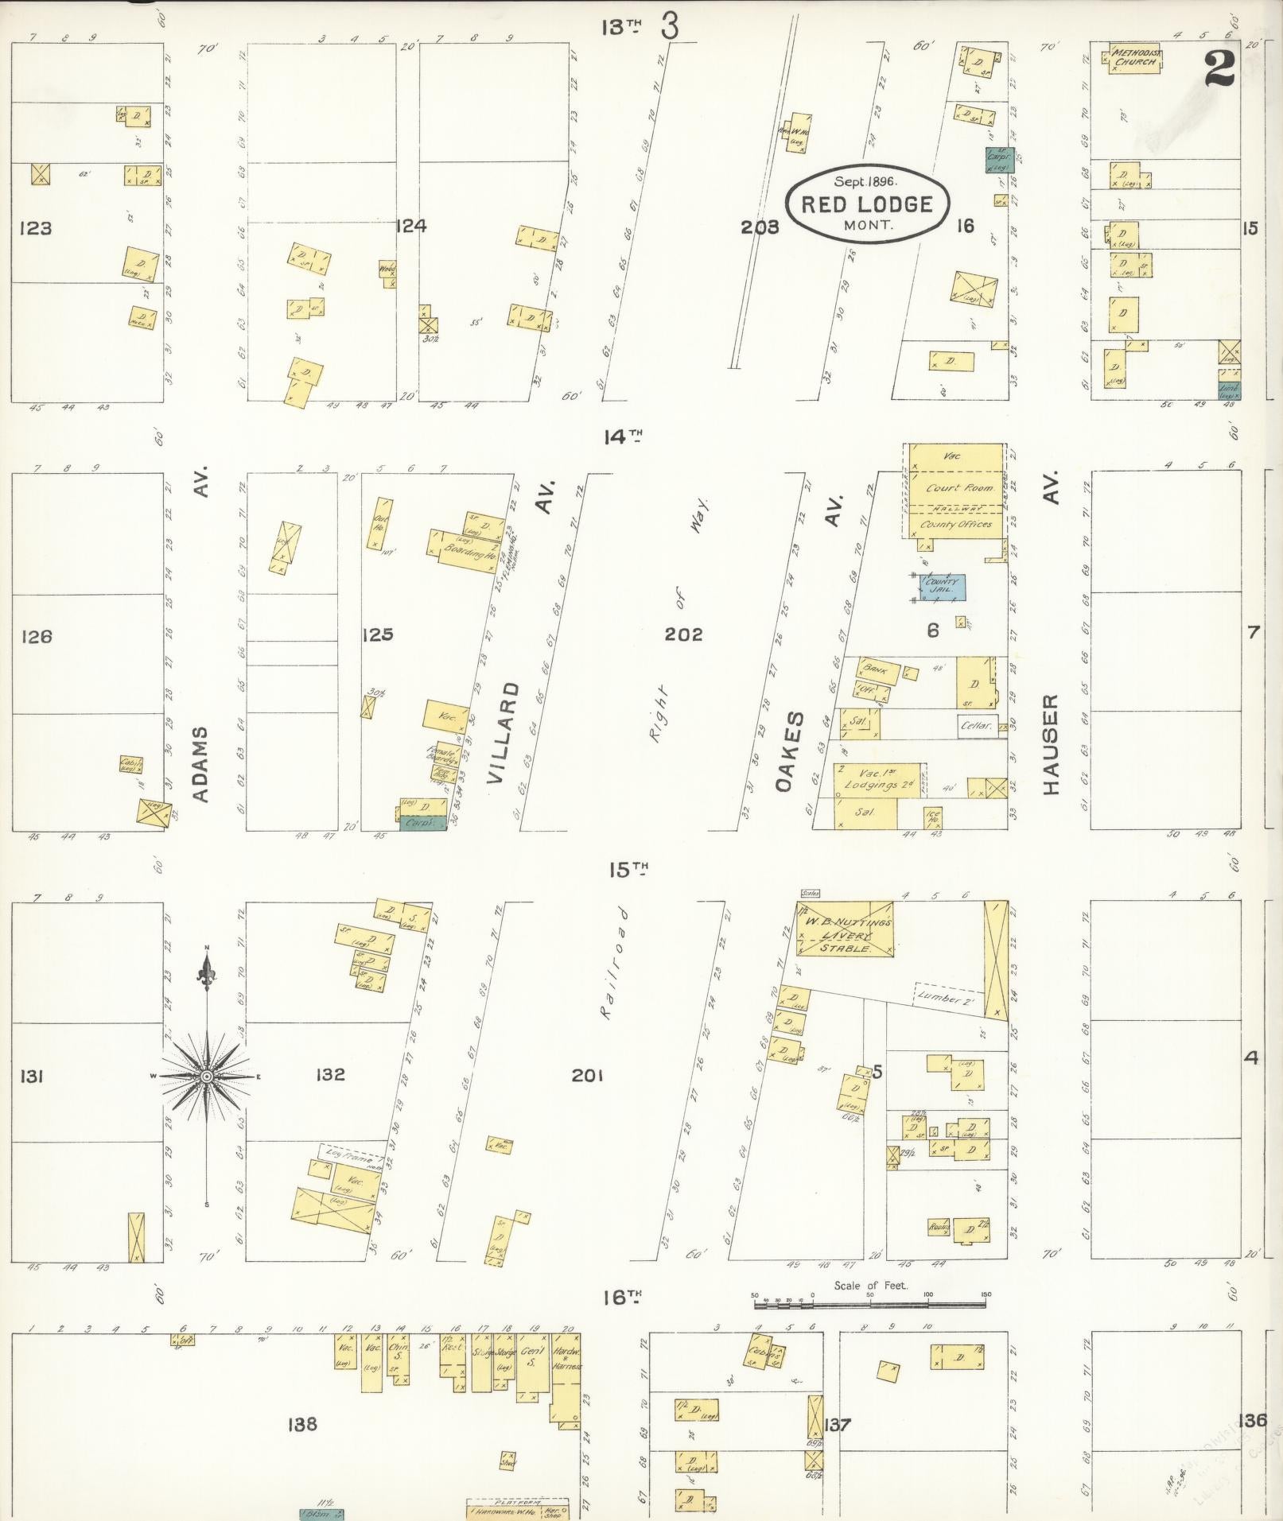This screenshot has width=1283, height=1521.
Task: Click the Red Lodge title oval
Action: [867, 204]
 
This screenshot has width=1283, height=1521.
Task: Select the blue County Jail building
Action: [943, 588]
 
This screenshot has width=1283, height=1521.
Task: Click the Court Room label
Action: [958, 488]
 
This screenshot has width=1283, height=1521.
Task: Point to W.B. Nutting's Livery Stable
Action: [845, 929]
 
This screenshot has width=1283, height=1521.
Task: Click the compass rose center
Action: [207, 1076]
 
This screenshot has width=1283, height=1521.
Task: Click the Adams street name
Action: [202, 764]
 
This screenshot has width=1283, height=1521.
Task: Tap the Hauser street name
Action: [1052, 745]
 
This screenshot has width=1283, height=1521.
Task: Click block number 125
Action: [377, 634]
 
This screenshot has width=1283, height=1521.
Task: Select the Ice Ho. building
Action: [933, 817]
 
